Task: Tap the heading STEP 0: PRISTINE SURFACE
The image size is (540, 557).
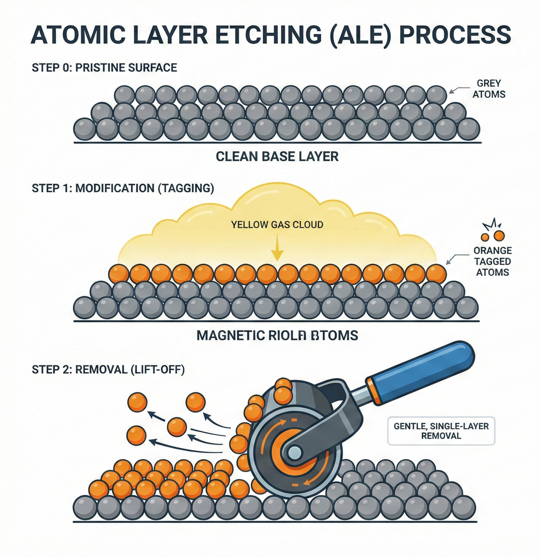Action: pos(104,67)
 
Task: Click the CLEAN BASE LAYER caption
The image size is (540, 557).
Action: pos(277,156)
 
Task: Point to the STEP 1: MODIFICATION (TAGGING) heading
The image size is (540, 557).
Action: pos(122,188)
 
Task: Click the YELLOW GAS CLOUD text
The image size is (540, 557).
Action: pos(277,225)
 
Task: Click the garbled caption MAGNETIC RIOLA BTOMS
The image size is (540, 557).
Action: pos(277,335)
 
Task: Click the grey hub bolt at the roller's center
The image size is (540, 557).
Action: pos(294,452)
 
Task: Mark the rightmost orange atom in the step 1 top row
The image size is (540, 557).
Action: pos(436,274)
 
